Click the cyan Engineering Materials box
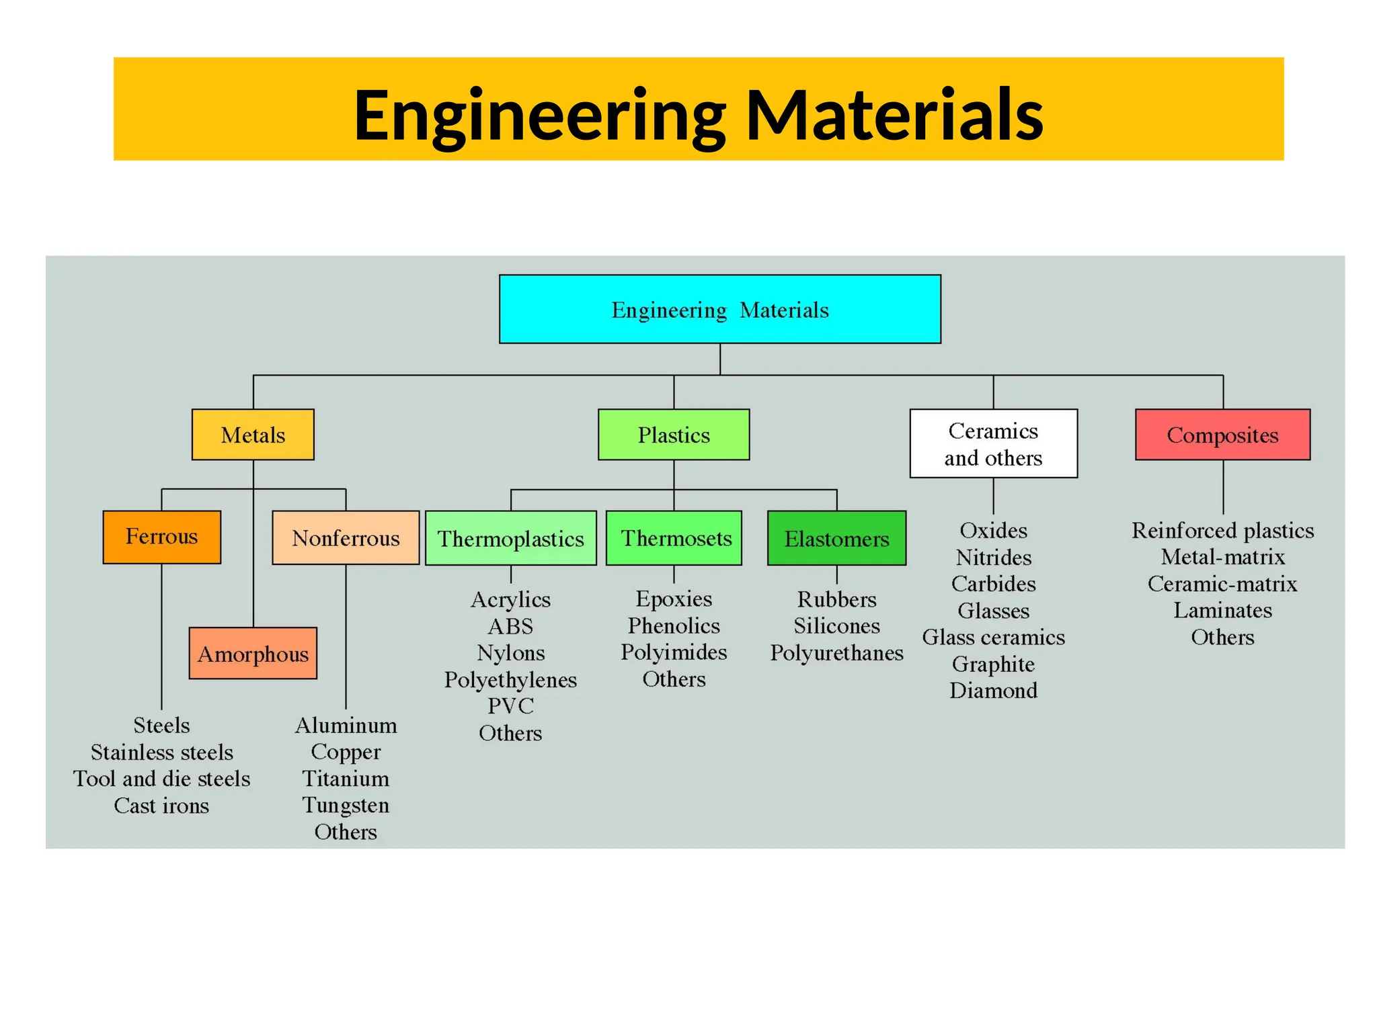(719, 309)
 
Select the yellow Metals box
(253, 435)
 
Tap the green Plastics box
(673, 435)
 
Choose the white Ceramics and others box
(993, 443)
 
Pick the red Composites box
(1222, 435)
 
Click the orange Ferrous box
(161, 537)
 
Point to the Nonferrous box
(346, 537)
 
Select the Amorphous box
(253, 653)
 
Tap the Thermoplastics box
(510, 538)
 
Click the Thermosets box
(674, 538)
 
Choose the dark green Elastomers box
(836, 538)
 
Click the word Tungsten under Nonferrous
(346, 805)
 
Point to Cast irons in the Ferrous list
(161, 805)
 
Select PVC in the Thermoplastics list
(510, 705)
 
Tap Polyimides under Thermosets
(674, 652)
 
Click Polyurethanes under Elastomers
(836, 652)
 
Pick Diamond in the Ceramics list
(993, 690)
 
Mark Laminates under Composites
(1222, 610)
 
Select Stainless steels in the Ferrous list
(161, 752)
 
